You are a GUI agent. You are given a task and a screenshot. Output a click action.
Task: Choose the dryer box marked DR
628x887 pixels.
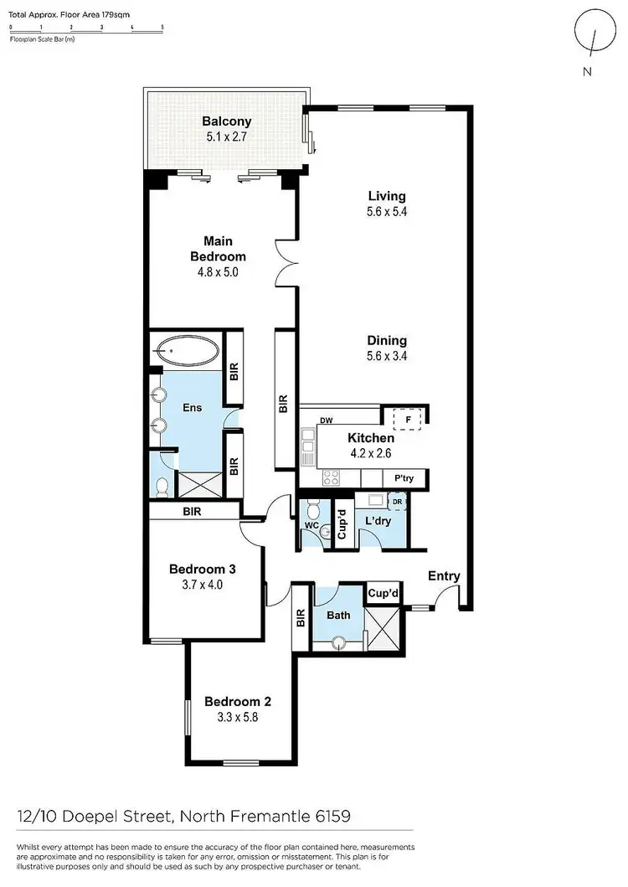tap(397, 502)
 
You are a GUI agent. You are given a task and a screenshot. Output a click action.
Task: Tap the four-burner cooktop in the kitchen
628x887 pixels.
tap(331, 477)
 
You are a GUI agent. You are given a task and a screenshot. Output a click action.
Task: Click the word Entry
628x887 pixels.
tap(444, 575)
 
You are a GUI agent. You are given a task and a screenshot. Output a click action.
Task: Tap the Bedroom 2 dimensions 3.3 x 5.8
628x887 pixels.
tap(238, 717)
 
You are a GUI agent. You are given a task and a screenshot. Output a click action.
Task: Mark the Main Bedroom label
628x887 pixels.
tap(218, 250)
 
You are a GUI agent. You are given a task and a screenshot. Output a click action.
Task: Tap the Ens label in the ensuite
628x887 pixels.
tap(192, 408)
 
